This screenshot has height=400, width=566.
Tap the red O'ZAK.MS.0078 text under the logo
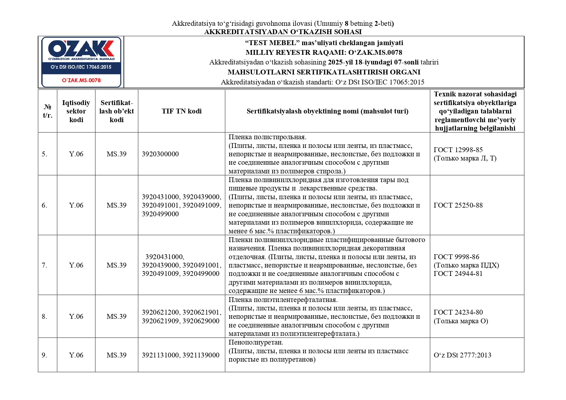(81, 80)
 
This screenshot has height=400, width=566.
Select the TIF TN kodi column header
(182, 111)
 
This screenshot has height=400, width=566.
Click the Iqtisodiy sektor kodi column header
(76, 111)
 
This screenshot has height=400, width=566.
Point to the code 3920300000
(160, 154)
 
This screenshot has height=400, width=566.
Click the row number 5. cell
(45, 154)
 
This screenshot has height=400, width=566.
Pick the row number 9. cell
(45, 355)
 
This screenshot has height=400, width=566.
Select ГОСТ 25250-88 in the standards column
(458, 205)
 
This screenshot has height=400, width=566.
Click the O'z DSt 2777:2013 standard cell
(462, 355)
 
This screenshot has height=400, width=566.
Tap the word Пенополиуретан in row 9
(255, 342)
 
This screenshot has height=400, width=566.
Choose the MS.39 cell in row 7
(116, 265)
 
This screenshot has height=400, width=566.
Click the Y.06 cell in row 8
(76, 317)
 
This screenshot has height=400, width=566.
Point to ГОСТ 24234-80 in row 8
(458, 312)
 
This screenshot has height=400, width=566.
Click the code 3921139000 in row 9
(201, 355)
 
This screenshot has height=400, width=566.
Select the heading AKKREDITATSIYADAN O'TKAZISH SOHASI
(283, 32)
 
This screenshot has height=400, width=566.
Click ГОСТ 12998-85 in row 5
(458, 150)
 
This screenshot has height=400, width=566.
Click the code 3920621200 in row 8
(160, 312)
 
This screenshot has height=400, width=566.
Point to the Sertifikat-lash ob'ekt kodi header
(116, 111)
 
